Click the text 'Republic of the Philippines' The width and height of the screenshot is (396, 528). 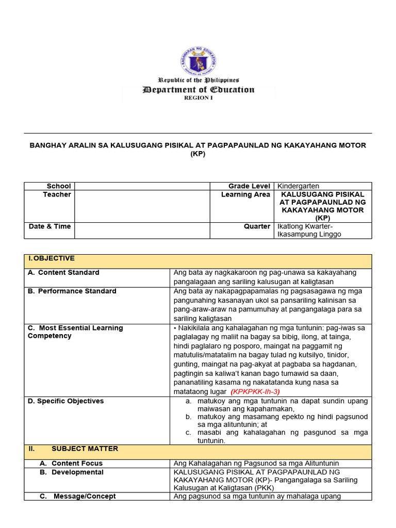click(x=198, y=80)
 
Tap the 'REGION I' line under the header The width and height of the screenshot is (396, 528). click(x=198, y=97)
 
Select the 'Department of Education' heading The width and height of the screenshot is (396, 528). click(x=198, y=89)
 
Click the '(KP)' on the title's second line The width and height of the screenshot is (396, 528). click(x=198, y=154)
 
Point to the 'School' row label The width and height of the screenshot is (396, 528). click(x=59, y=186)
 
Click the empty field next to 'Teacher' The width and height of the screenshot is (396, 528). click(x=142, y=206)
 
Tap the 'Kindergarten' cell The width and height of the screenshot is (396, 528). click(x=298, y=186)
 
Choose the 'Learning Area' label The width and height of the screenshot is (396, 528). click(x=245, y=194)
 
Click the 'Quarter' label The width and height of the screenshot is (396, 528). click(x=257, y=226)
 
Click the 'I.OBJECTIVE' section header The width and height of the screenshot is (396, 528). click(x=52, y=258)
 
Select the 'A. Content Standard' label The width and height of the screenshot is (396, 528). click(x=63, y=272)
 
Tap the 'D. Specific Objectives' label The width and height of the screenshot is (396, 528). click(x=65, y=401)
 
